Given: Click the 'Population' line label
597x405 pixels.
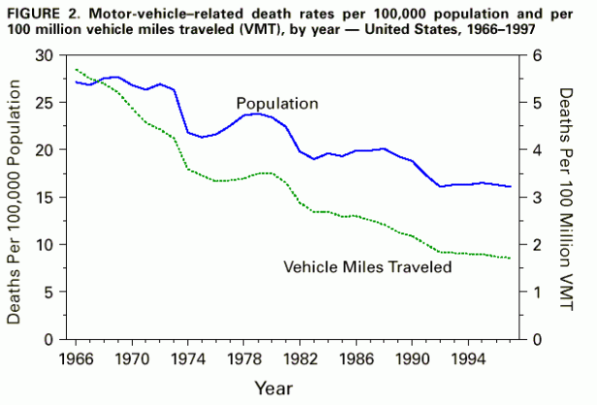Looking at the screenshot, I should coord(276,103).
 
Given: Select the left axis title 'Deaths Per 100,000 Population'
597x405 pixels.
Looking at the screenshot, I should coord(16,198).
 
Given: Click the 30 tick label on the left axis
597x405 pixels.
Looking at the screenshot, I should coord(44,56).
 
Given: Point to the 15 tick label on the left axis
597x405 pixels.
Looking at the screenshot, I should coord(44,198).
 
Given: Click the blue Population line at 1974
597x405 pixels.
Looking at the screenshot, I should coord(188,133).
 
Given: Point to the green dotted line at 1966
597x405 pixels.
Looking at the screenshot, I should coord(76,70).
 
